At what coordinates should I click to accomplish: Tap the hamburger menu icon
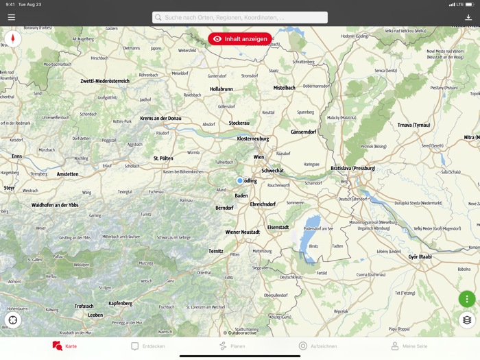click(x=12, y=17)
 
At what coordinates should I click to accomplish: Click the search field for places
click(x=240, y=17)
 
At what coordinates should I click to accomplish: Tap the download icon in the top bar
click(x=468, y=17)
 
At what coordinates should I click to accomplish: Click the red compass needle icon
click(x=12, y=39)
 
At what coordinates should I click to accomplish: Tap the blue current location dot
click(x=240, y=181)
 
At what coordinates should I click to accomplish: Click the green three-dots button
click(x=467, y=299)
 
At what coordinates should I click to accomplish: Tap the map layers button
click(x=467, y=320)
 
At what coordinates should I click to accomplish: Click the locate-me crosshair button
click(x=12, y=320)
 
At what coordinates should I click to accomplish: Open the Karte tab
click(x=64, y=346)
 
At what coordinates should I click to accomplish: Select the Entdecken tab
click(x=148, y=346)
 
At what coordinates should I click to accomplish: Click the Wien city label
click(x=259, y=157)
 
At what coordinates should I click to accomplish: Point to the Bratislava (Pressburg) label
click(x=353, y=168)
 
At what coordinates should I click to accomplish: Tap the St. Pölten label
click(x=163, y=158)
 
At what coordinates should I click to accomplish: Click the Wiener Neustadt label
click(x=243, y=232)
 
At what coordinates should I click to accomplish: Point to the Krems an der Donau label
click(x=160, y=119)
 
